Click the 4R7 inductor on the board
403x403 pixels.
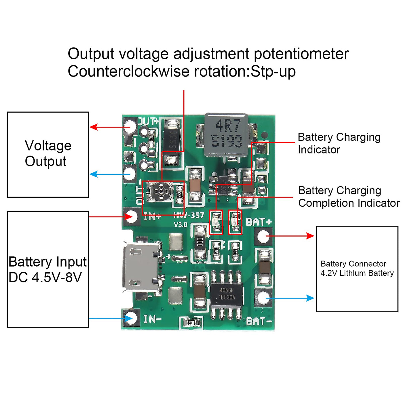(x=226, y=134)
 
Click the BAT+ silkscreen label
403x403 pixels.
(x=259, y=222)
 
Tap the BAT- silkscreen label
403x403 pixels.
(x=259, y=321)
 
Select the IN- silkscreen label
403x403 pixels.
(x=153, y=319)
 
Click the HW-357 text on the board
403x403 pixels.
(x=189, y=215)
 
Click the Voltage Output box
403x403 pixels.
(x=48, y=154)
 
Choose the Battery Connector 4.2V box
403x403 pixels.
(x=357, y=269)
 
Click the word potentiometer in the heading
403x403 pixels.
(x=301, y=54)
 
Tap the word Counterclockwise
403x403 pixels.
(x=129, y=72)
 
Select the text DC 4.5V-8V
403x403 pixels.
(x=45, y=277)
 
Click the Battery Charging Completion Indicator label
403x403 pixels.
(x=349, y=197)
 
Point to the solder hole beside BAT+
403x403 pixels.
(x=263, y=236)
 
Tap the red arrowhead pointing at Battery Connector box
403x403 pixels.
(x=310, y=236)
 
